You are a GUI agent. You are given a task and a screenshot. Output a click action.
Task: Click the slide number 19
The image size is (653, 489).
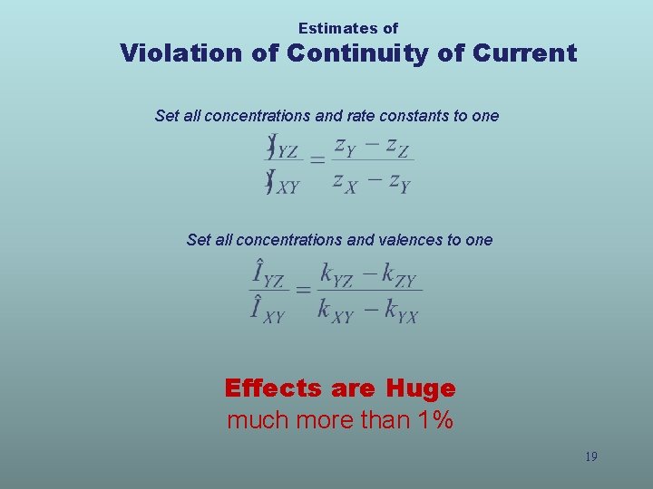pyautogui.click(x=590, y=456)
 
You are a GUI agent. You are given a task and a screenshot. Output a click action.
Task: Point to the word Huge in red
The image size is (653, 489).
pyautogui.click(x=420, y=388)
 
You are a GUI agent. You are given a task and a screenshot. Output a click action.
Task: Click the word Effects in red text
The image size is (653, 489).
pyautogui.click(x=273, y=388)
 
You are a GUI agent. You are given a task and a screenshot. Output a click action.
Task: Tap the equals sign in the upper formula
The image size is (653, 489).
pyautogui.click(x=317, y=160)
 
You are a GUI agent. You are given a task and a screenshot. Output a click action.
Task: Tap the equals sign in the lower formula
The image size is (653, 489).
pyautogui.click(x=303, y=290)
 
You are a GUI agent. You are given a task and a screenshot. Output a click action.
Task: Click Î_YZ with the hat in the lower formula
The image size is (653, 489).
pyautogui.click(x=269, y=274)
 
